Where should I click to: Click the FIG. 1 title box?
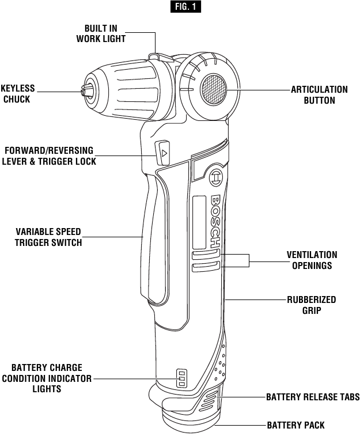coord(185,7)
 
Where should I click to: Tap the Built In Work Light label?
coord(101,33)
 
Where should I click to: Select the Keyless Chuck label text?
coord(17,94)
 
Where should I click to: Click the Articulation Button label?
coord(320,95)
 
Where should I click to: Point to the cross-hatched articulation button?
coord(213,89)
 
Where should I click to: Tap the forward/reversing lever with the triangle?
coord(162,153)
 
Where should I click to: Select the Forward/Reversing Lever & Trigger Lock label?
coord(49,156)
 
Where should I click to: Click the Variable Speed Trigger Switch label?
coord(48,237)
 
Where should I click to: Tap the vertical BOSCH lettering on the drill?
coord(216,221)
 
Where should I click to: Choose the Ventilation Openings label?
coord(312,260)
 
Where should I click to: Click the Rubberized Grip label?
coord(312,305)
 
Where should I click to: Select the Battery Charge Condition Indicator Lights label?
coord(47,378)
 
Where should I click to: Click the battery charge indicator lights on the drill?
coord(182,378)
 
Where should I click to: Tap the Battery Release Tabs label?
coord(313,397)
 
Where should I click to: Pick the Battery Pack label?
coord(296,425)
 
